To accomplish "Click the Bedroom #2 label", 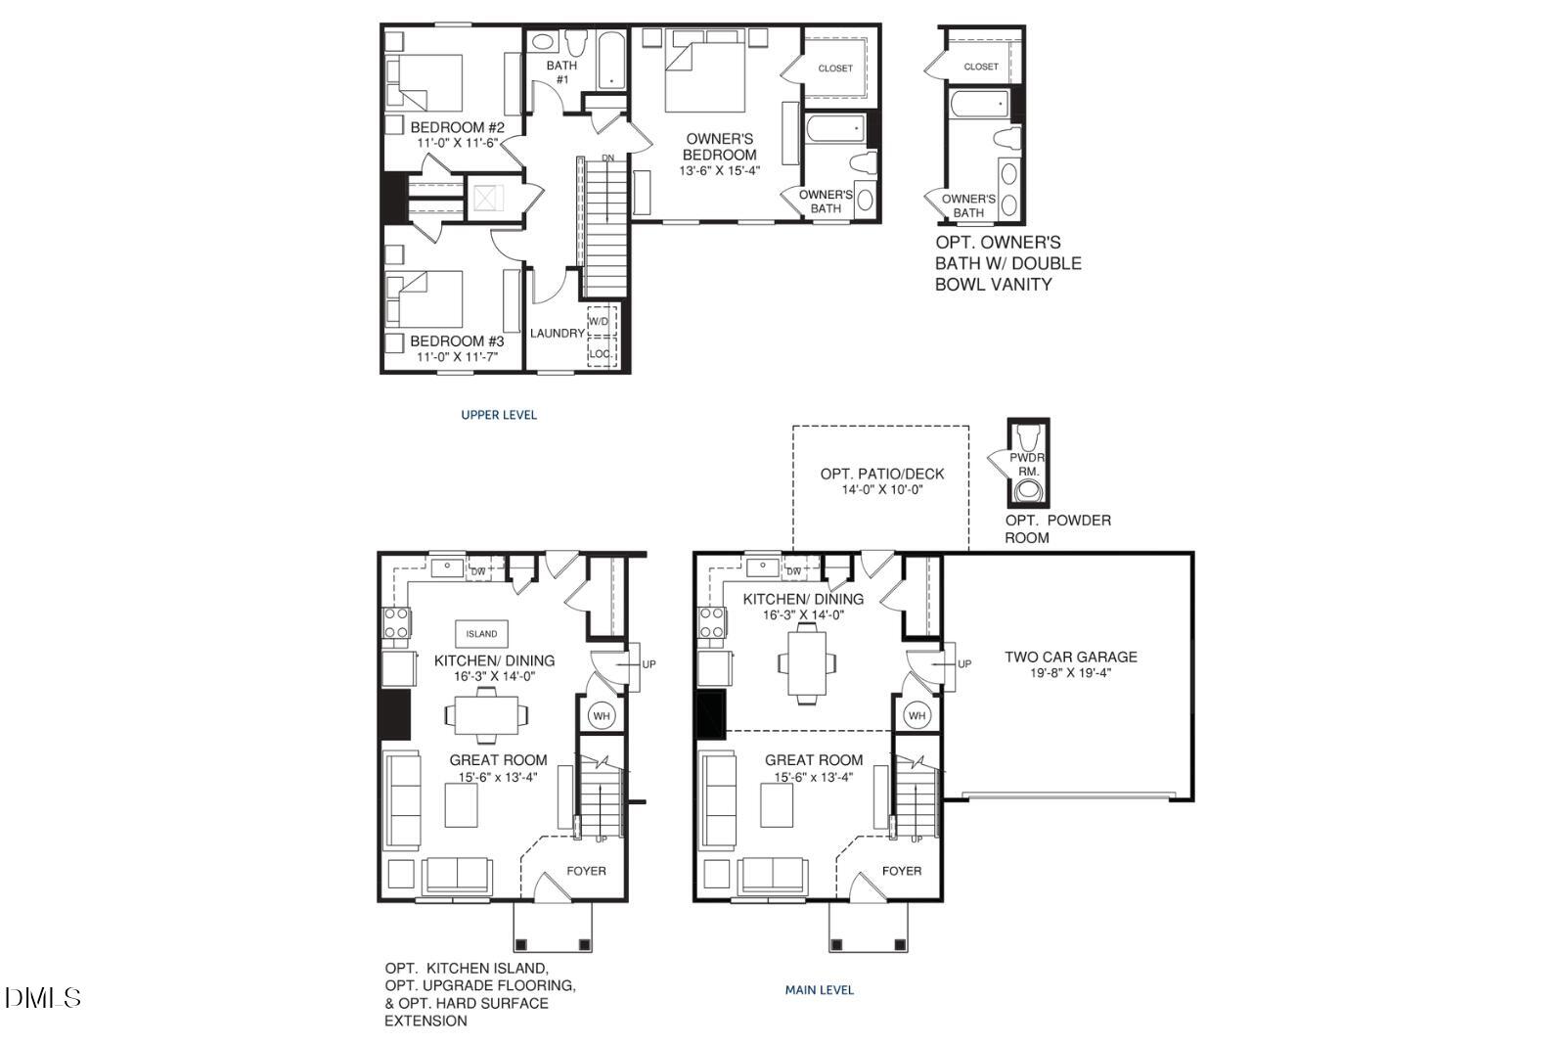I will click(457, 127).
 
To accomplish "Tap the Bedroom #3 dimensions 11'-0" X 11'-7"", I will click(457, 357).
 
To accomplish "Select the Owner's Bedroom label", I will click(719, 147).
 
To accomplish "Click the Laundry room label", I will click(557, 334).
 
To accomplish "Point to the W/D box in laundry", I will click(598, 321).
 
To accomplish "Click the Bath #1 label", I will click(561, 72).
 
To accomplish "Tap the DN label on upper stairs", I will click(607, 158).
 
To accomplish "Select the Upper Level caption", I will click(499, 415).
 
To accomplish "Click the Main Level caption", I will click(820, 990).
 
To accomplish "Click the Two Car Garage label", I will click(1071, 657).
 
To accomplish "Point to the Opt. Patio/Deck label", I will click(882, 474).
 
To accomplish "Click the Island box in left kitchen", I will click(481, 634).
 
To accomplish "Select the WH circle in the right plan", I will click(917, 716).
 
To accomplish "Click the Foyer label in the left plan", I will click(586, 871).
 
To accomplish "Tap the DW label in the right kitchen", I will click(793, 571).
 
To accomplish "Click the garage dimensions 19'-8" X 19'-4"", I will click(1071, 673).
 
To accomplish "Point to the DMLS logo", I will click(43, 998).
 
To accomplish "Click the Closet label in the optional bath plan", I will click(981, 67).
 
